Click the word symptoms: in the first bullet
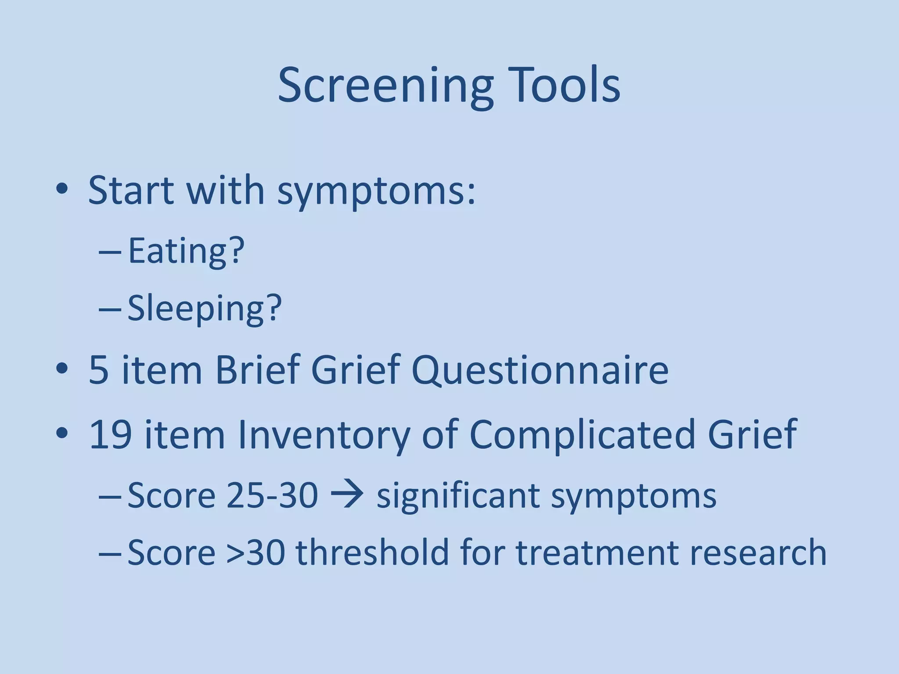[376, 192]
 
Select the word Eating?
[186, 251]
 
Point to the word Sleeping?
[205, 308]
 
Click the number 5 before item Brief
[99, 369]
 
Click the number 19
[111, 434]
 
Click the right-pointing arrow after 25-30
[347, 495]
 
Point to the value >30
[256, 552]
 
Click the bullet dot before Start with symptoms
[62, 190]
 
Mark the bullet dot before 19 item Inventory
[62, 433]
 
